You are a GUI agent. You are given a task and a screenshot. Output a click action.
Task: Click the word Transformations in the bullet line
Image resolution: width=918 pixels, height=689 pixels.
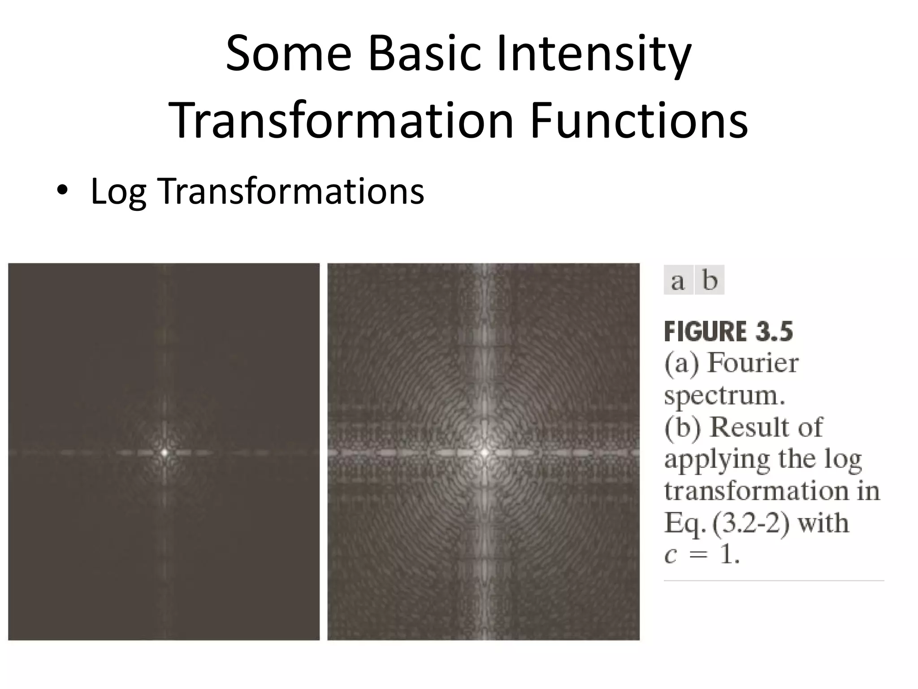290,191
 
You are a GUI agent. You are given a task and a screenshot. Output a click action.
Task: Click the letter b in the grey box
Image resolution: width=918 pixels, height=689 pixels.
710,280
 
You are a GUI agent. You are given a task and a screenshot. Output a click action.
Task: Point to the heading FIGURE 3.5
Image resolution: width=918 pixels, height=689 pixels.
728,332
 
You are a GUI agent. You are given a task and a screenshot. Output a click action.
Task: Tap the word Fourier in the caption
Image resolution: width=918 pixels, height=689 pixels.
753,363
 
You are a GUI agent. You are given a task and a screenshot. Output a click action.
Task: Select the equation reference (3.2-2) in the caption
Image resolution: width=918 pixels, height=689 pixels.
751,523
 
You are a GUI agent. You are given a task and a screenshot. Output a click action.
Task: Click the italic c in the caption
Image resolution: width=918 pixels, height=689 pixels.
670,555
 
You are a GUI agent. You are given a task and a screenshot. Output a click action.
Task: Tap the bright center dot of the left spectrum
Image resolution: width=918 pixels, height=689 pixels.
165,452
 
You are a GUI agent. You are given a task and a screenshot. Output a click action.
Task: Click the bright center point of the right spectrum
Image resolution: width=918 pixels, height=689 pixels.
484,452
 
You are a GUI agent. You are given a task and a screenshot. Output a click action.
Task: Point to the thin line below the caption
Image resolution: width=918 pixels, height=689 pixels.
774,581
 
